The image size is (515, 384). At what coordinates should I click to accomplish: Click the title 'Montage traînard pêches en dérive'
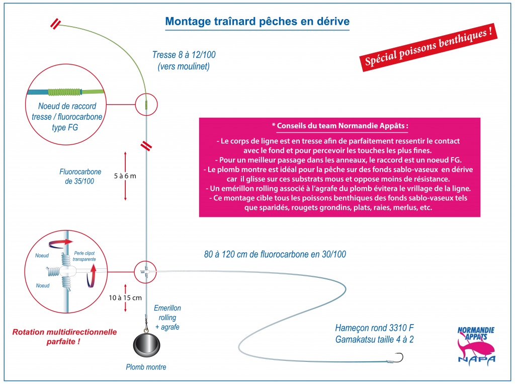[257, 21]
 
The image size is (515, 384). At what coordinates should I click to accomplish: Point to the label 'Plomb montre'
[146, 367]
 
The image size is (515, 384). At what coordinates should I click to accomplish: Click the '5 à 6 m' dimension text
[125, 176]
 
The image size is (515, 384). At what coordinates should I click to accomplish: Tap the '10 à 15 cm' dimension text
[125, 298]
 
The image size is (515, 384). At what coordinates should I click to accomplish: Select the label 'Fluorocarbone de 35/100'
[80, 176]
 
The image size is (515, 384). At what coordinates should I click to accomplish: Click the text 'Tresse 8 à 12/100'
[184, 54]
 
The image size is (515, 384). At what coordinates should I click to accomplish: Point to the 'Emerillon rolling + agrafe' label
[167, 318]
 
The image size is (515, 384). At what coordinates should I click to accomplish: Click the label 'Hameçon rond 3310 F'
[374, 328]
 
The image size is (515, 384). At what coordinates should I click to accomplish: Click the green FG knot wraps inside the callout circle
[65, 92]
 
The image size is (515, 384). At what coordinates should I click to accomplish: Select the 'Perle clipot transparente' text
[84, 256]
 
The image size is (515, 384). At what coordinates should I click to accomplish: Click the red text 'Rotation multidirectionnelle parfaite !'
[64, 337]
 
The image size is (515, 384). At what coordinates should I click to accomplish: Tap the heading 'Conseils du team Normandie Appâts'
[342, 126]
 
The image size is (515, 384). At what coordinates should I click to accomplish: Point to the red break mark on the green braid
[55, 24]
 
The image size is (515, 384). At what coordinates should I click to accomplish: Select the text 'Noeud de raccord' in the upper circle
[67, 106]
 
